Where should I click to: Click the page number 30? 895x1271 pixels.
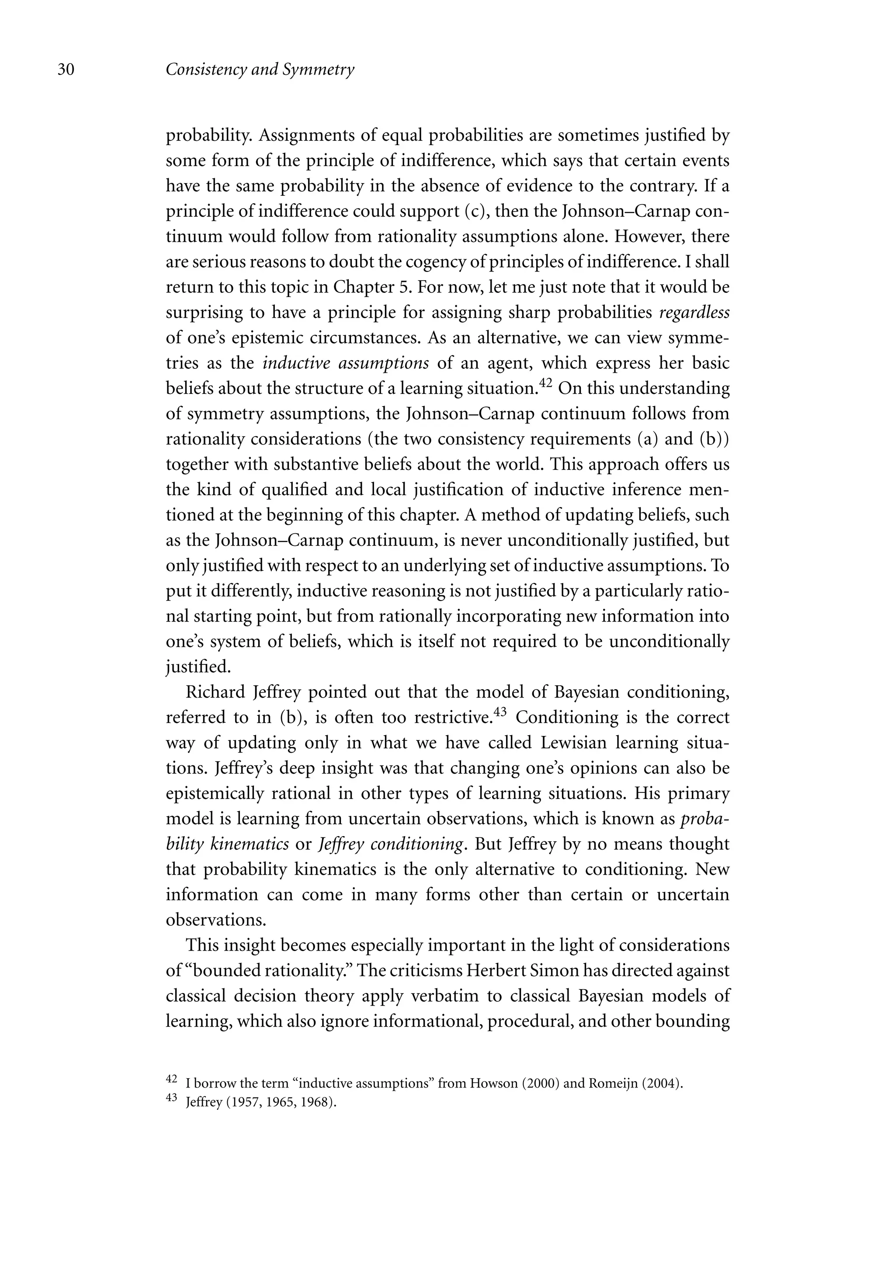66,70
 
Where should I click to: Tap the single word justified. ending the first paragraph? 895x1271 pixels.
198,667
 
